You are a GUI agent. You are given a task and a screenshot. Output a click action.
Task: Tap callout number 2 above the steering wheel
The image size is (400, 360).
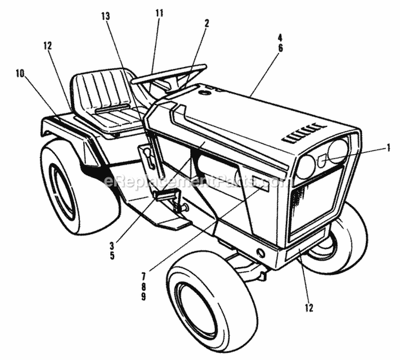[206, 23]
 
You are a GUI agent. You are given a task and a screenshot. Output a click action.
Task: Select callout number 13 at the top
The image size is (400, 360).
[106, 16]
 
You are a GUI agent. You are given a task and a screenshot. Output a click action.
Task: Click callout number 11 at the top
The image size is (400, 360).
[158, 12]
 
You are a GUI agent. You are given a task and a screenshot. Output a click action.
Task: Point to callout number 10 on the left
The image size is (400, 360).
[20, 74]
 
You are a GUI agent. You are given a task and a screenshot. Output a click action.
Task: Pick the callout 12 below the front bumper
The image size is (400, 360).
[309, 308]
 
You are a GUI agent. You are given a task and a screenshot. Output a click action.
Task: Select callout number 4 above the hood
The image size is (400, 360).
[280, 37]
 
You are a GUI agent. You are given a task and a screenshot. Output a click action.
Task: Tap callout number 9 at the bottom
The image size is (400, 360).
[143, 297]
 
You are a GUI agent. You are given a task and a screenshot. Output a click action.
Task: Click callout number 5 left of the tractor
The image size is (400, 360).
[112, 255]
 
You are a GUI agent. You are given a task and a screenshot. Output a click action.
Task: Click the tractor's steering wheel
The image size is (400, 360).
[170, 74]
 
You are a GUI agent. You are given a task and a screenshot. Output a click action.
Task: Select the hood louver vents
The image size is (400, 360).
[304, 133]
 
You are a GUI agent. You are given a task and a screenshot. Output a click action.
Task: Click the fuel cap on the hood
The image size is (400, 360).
[204, 93]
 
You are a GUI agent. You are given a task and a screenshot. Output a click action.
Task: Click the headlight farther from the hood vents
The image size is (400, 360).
[306, 167]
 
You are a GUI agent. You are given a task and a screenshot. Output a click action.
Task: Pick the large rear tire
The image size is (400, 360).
[75, 187]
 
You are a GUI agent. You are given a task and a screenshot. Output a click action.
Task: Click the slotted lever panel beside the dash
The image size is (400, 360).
[148, 161]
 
